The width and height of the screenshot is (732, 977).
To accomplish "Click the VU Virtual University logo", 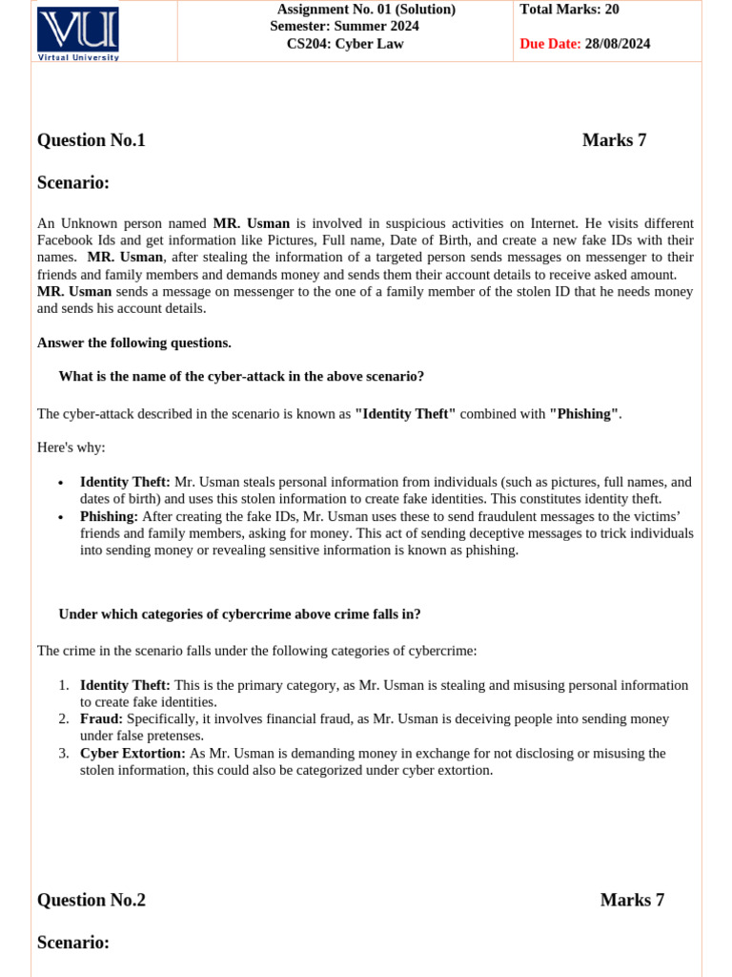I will coord(77,33).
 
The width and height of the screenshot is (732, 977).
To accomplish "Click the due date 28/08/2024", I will coord(618,44).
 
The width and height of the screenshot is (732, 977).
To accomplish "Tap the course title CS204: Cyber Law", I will coord(345,44).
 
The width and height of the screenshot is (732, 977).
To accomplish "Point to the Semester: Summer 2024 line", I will coord(344,27).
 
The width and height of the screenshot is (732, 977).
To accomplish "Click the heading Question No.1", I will coord(91,140).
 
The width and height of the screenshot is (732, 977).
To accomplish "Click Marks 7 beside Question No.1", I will coord(614,140).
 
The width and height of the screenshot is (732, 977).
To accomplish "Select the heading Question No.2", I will coord(91,900).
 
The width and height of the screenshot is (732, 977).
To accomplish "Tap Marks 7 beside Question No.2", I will coord(632,900).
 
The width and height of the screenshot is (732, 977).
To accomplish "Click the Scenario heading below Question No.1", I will coord(73,182).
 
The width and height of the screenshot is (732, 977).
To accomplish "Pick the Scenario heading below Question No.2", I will coord(73,943).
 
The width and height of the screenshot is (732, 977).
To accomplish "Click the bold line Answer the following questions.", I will coord(133,343).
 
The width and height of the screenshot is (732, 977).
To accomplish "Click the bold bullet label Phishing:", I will coord(109,516).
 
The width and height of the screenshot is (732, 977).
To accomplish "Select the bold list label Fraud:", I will coord(101,718).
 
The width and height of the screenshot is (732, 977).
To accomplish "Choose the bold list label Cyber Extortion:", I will coord(132,753).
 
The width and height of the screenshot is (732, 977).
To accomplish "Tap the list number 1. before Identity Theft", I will coord(64,685).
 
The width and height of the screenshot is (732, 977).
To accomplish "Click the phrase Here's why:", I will coord(71,447).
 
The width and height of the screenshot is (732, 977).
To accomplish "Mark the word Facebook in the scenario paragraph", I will coord(66,240).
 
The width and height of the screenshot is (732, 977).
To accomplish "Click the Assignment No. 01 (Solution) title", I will coord(366,10).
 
